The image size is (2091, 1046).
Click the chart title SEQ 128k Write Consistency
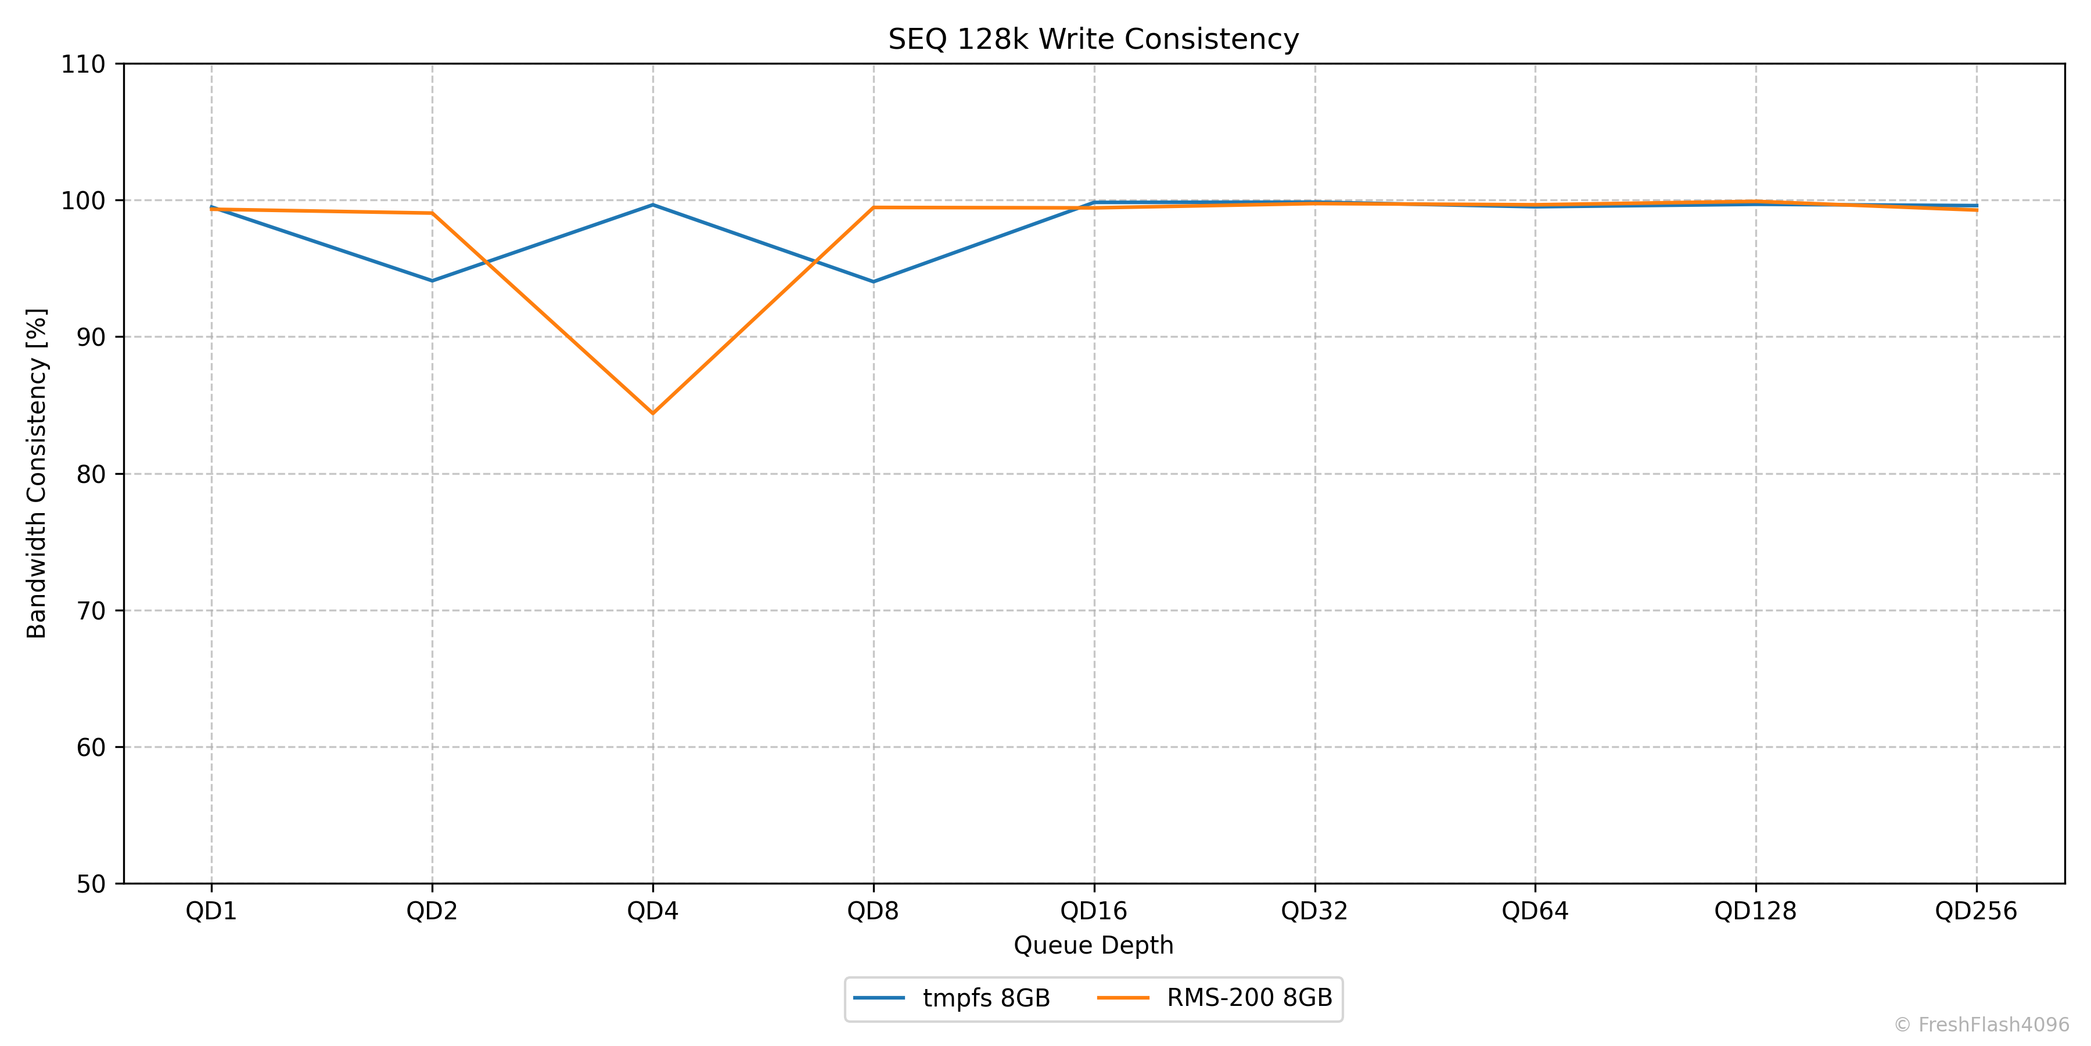[1093, 39]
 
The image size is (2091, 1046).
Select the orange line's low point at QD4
[653, 413]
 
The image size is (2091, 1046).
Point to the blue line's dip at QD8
[874, 282]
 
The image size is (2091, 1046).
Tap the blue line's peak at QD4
[653, 205]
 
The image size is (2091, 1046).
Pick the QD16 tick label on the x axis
[1093, 911]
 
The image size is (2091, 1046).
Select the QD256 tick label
[1976, 911]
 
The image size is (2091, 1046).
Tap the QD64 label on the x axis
[1535, 911]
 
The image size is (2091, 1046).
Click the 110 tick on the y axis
[84, 64]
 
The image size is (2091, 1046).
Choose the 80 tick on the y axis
[91, 474]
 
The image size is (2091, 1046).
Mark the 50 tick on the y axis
[91, 884]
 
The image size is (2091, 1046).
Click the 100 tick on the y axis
[84, 200]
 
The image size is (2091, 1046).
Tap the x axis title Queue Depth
[1093, 945]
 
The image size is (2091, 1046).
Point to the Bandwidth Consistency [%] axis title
[37, 474]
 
